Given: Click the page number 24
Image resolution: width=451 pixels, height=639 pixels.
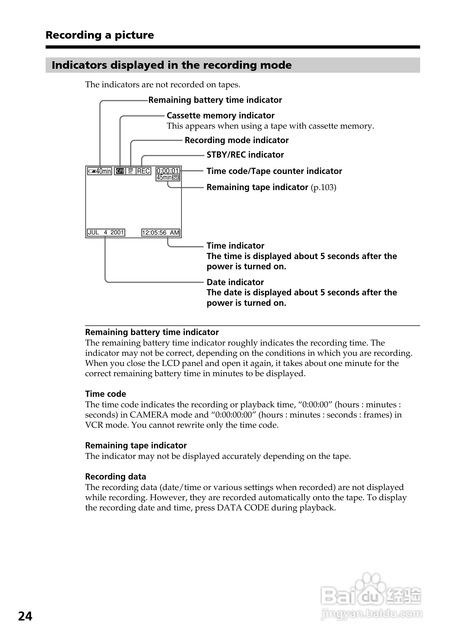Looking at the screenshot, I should pos(25,616).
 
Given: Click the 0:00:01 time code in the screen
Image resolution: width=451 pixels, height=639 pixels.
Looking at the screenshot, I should pos(168,170).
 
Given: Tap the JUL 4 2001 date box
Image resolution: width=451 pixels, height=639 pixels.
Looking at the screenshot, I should pos(106,233).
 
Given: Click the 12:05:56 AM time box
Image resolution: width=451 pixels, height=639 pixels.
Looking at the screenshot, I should pos(161,233).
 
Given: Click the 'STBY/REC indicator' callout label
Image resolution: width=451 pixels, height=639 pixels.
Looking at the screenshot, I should pos(245,155).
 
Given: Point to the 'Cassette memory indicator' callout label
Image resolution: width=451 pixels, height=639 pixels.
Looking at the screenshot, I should pos(220,115).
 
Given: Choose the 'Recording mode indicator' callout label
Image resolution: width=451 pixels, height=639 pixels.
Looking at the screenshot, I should pos(237,140).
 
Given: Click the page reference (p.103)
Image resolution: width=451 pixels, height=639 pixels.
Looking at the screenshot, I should pos(323,187).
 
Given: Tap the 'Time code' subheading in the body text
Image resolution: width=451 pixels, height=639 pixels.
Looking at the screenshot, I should pos(106,394).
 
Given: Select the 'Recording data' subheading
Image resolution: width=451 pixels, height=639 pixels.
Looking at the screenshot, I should pos(115,477).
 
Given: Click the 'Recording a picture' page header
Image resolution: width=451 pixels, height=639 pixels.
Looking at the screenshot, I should pos(100,35).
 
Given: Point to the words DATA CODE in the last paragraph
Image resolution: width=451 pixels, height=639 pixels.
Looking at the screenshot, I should pos(243,508).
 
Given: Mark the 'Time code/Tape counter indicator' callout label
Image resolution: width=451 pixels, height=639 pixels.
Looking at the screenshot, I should pos(274,171).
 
